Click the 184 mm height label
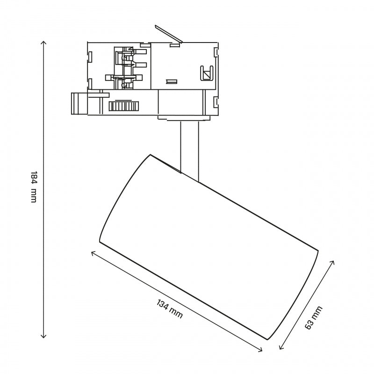(33, 187)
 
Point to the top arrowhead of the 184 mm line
(44, 43)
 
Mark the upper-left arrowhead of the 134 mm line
(92, 252)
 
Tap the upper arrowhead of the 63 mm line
(333, 261)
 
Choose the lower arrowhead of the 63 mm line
(280, 348)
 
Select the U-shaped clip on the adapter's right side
(206, 73)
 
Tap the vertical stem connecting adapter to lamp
(189, 150)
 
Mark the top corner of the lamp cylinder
(150, 155)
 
